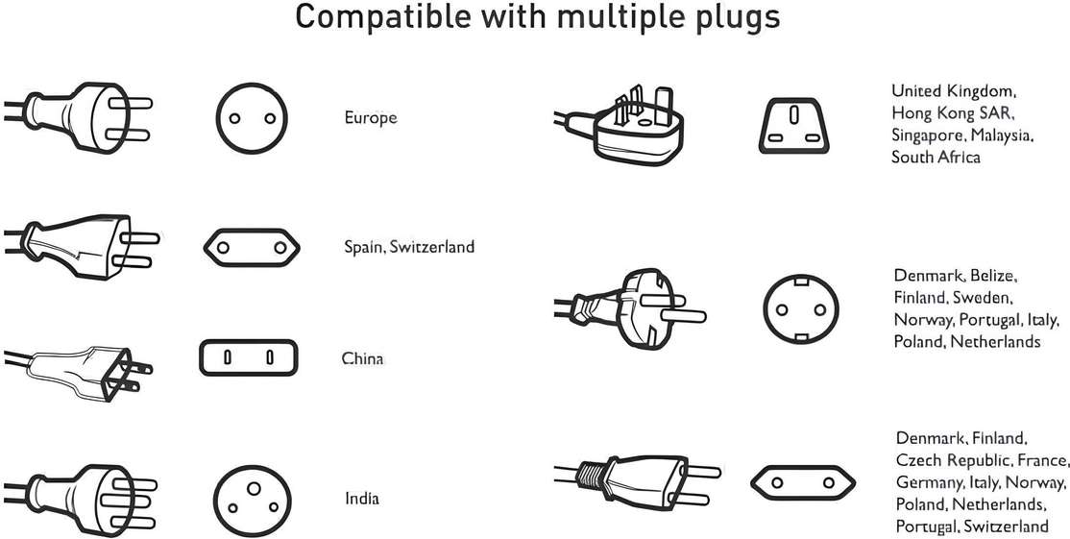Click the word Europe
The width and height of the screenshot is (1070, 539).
tap(371, 118)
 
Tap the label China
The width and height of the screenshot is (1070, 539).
tap(362, 358)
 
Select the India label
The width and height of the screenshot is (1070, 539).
tap(362, 499)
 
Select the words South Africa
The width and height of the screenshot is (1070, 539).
tap(936, 157)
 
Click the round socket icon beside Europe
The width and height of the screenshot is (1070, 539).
tap(252, 119)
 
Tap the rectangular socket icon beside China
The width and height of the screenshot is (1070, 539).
tap(249, 357)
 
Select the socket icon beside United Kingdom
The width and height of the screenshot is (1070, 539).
tap(793, 125)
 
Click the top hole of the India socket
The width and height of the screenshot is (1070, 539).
tap(254, 488)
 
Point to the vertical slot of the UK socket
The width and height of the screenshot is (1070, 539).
tap(794, 115)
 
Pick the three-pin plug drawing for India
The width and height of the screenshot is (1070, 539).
tap(80, 501)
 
